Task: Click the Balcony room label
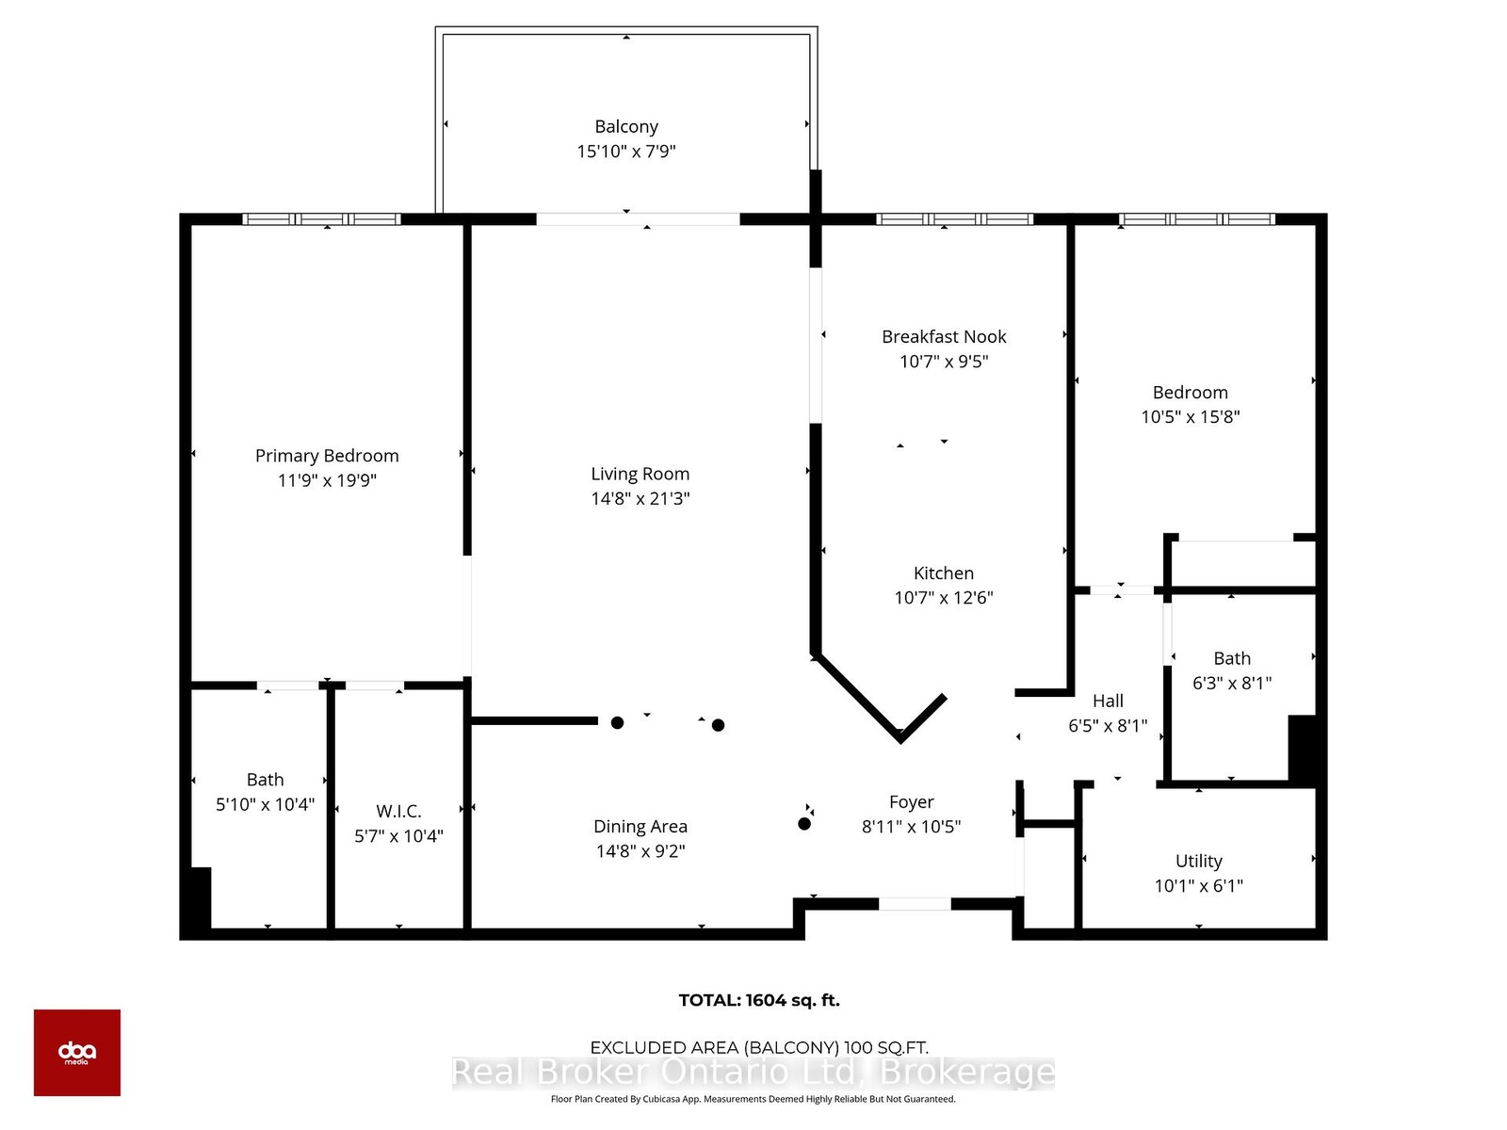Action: [x=625, y=126]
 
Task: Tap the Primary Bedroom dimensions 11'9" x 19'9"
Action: [x=327, y=480]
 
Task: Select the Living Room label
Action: [x=640, y=474]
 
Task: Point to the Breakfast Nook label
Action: [x=944, y=336]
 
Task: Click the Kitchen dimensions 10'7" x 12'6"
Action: [x=944, y=598]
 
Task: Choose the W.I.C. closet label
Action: [x=398, y=811]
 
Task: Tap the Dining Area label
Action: [x=640, y=827]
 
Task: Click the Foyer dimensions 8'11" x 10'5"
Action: [x=911, y=827]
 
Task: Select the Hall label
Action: [x=1108, y=701]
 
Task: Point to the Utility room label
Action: [x=1198, y=861]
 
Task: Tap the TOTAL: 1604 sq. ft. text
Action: [x=758, y=1000]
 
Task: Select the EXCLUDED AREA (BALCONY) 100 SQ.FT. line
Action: [x=758, y=1048]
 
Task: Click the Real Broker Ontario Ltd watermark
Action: [x=753, y=1072]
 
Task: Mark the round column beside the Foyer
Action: [x=804, y=824]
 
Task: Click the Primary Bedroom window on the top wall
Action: [x=321, y=219]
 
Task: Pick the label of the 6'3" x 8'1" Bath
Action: [x=1232, y=658]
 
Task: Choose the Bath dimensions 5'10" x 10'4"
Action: [x=265, y=804]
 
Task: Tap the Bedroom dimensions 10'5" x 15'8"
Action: [x=1190, y=416]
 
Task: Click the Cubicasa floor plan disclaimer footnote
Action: [x=753, y=1099]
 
